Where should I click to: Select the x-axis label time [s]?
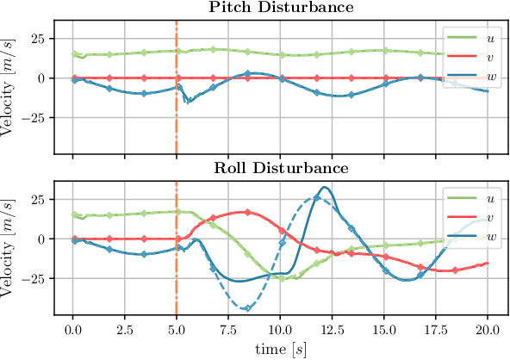click(x=280, y=350)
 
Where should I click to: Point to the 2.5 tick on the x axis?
click(x=125, y=330)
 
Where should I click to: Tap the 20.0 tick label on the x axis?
click(x=488, y=330)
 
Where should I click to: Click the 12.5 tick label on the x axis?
click(x=333, y=330)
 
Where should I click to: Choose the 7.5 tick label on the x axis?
click(x=228, y=330)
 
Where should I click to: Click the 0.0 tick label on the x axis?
click(x=73, y=330)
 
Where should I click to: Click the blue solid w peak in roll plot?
click(x=324, y=187)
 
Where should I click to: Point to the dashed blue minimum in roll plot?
click(x=247, y=307)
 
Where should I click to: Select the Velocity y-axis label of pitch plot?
click(x=9, y=79)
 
